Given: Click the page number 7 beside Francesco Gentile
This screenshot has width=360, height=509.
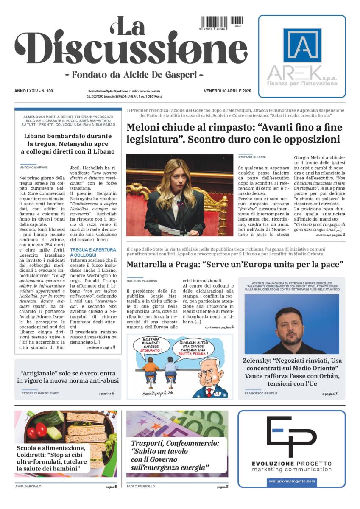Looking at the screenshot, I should pos(336,394).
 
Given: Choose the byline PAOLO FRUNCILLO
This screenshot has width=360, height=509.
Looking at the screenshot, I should pos(141,487).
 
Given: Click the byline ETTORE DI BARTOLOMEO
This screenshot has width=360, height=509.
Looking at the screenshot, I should pos(40,394).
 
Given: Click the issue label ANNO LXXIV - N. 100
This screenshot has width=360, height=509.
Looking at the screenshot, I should pos(36,91).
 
